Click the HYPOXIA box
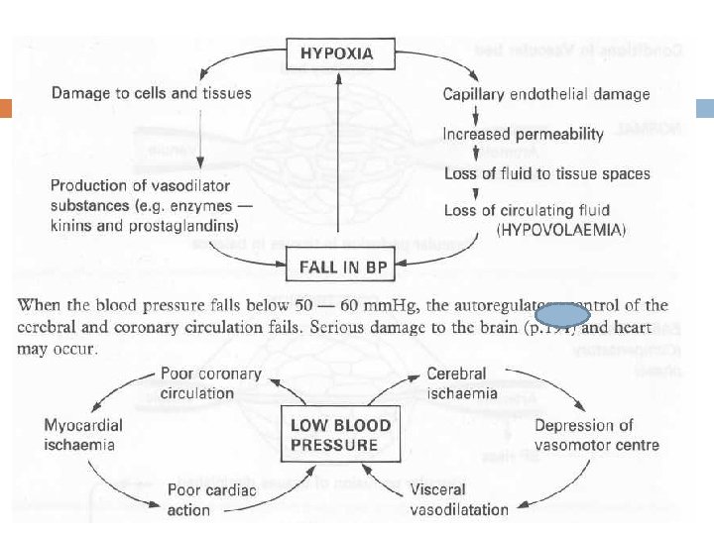pos(337,53)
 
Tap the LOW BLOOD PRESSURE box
pos(340,435)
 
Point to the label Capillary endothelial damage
pos(546,94)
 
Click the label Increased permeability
pos(523,134)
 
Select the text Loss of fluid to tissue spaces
pos(546,173)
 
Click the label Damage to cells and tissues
pos(151,94)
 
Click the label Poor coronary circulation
pos(210,382)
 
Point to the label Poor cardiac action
pos(211,499)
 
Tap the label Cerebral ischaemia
pos(458,382)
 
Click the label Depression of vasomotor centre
pos(597,435)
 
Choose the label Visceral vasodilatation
pos(458,499)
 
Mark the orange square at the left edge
pos(5,108)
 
